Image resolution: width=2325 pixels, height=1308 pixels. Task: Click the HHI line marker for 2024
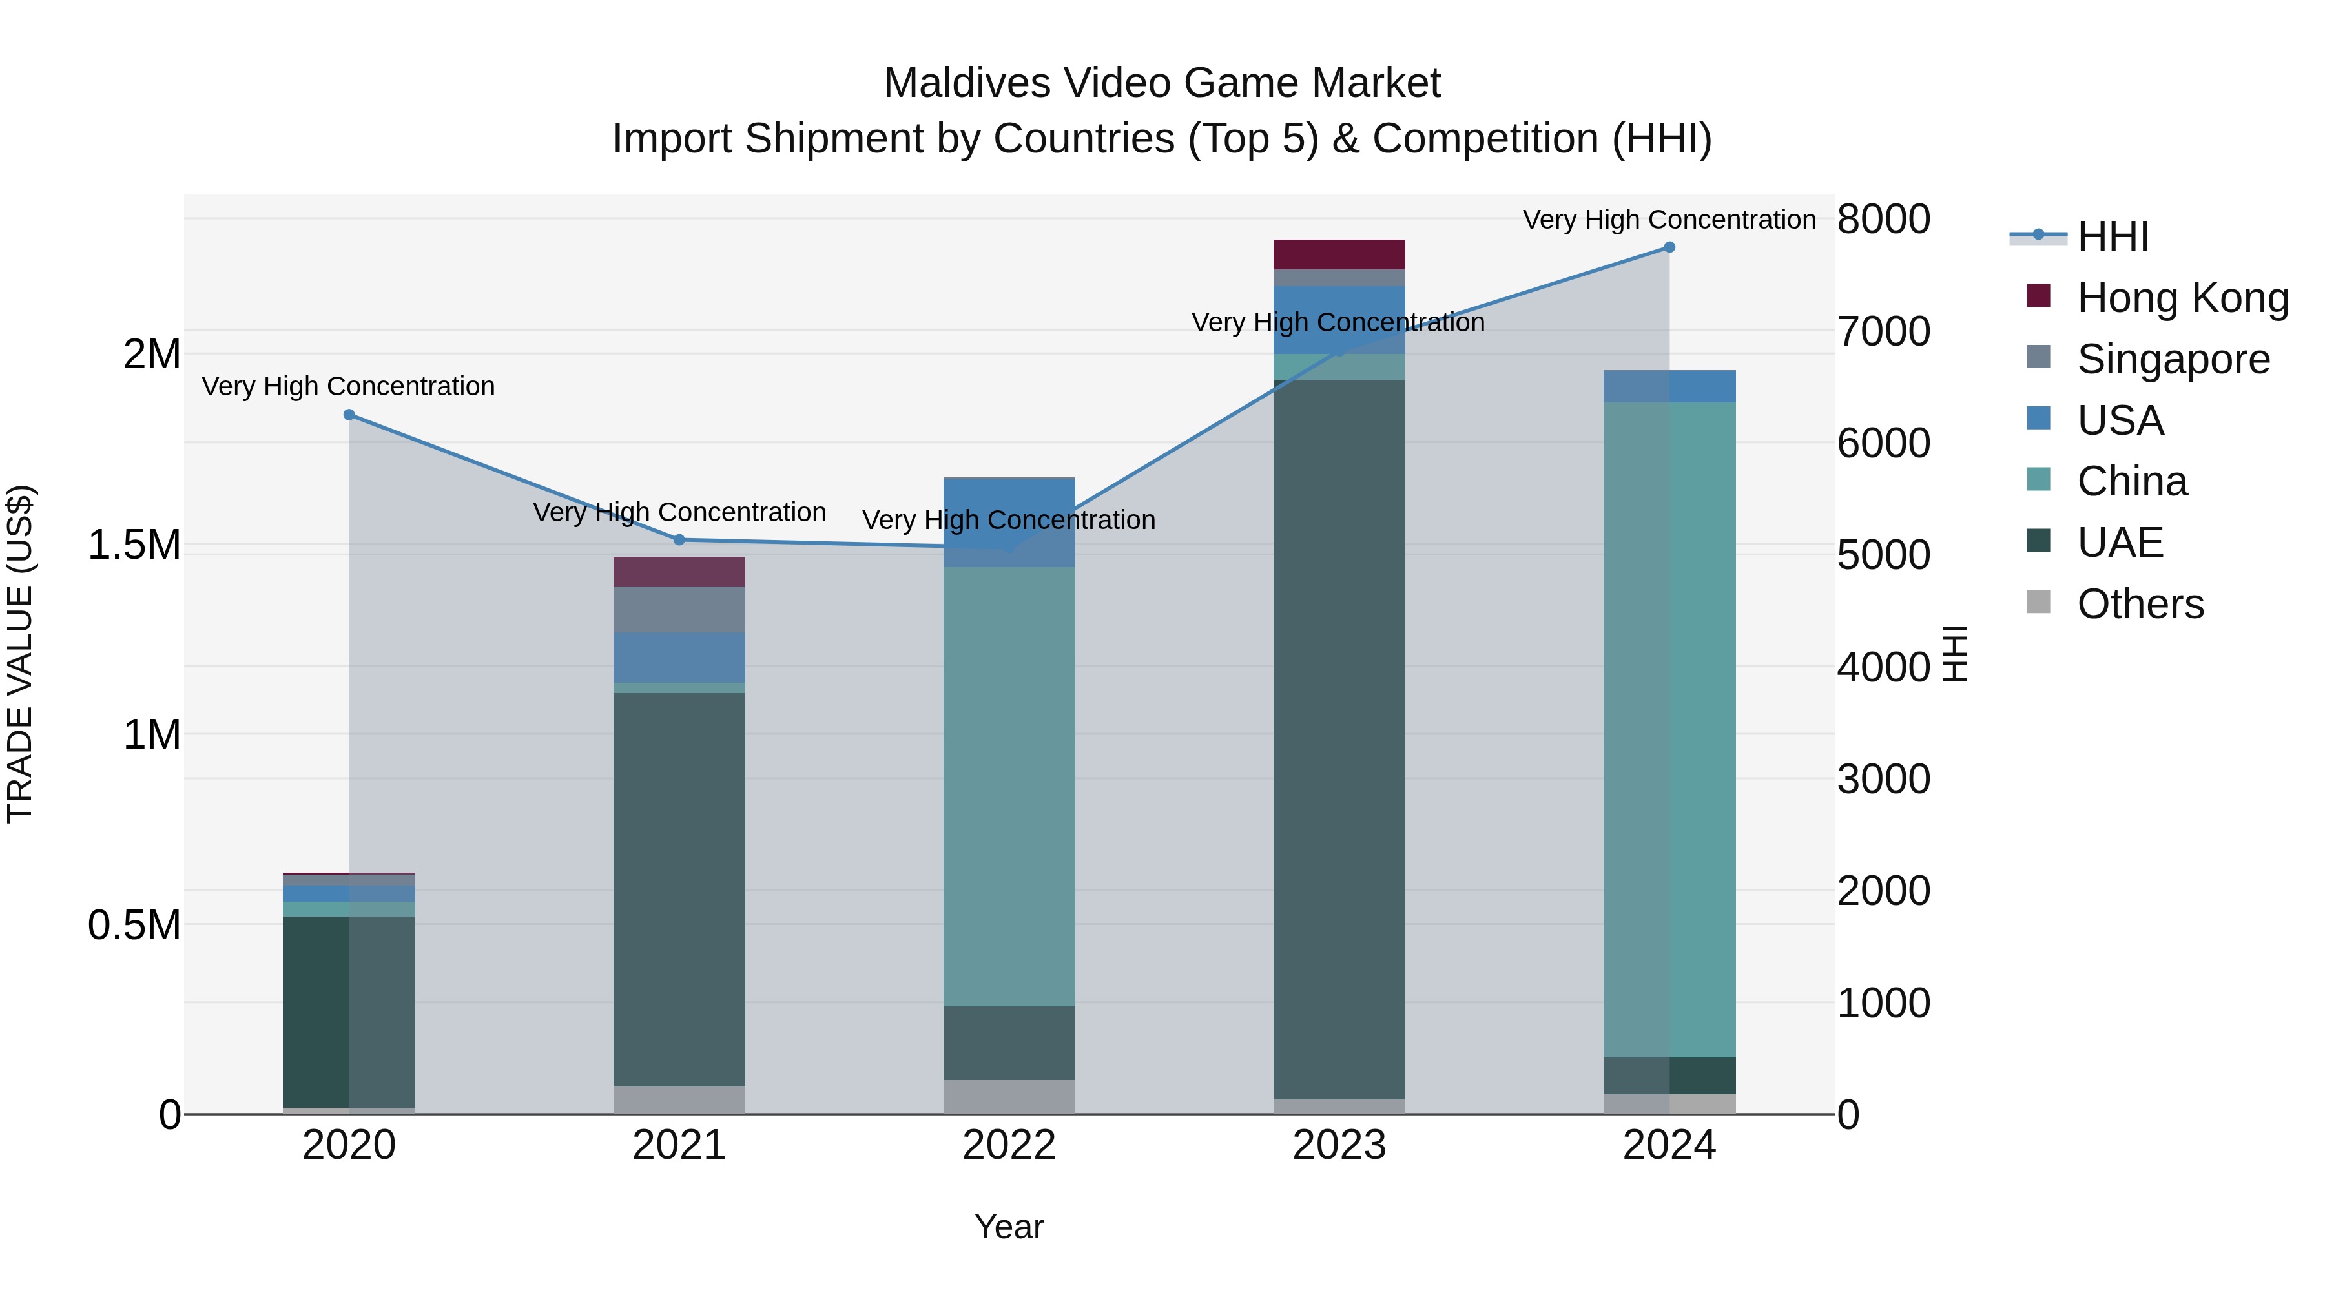point(1669,247)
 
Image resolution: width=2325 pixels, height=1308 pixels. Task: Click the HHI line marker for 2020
point(349,415)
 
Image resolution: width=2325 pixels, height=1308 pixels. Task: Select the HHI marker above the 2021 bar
point(679,540)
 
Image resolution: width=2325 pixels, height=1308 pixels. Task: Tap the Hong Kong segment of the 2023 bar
point(1339,254)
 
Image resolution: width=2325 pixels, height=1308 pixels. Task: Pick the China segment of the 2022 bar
point(1009,785)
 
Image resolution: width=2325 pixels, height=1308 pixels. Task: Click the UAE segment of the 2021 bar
point(679,889)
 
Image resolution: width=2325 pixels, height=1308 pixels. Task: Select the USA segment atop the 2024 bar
point(1669,386)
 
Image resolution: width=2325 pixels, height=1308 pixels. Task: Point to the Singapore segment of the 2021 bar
point(679,609)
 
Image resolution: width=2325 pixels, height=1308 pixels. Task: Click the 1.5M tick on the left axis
point(134,545)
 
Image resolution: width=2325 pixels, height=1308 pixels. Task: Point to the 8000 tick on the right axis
point(1884,220)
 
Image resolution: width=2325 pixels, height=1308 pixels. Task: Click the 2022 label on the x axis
point(1009,1145)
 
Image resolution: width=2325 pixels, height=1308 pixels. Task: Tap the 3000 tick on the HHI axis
point(1884,779)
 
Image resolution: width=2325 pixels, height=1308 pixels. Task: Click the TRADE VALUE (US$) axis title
point(20,654)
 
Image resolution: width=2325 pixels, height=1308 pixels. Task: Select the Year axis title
point(1009,1227)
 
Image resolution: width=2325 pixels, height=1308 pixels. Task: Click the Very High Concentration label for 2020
point(348,386)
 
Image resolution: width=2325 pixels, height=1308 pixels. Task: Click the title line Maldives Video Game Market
point(1162,83)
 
